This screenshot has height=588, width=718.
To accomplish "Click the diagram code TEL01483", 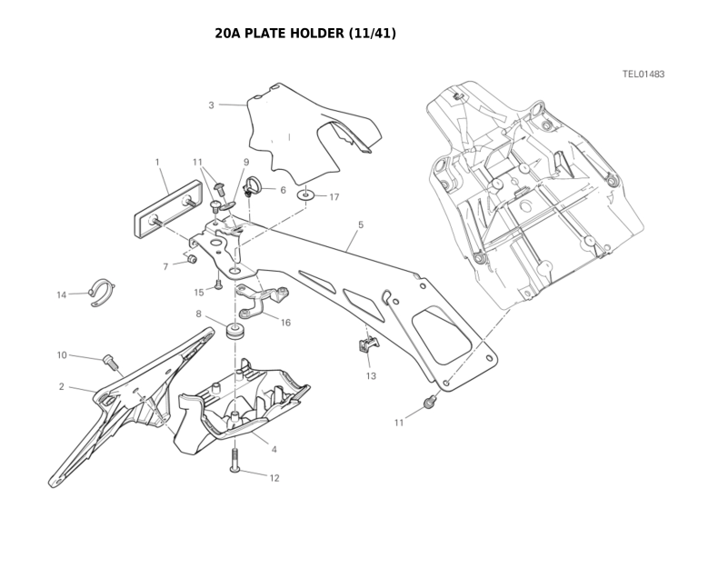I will pyautogui.click(x=643, y=74).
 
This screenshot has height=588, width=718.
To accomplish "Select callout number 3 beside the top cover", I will pyautogui.click(x=211, y=105).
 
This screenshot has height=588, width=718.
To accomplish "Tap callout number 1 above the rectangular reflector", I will pyautogui.click(x=157, y=163).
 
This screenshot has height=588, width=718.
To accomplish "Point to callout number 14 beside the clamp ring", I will pyautogui.click(x=62, y=294).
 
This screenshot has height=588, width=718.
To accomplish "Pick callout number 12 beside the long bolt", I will pyautogui.click(x=274, y=477).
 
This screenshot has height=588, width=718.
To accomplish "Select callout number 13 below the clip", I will pyautogui.click(x=371, y=375).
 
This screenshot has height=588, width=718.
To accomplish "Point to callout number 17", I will pyautogui.click(x=334, y=196).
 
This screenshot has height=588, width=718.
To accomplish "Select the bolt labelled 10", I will pyautogui.click(x=110, y=362).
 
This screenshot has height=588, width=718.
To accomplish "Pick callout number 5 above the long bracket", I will pyautogui.click(x=361, y=224).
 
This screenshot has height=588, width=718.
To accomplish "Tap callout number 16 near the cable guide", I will pyautogui.click(x=285, y=323).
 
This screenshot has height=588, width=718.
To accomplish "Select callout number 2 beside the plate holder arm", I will pyautogui.click(x=62, y=386).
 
